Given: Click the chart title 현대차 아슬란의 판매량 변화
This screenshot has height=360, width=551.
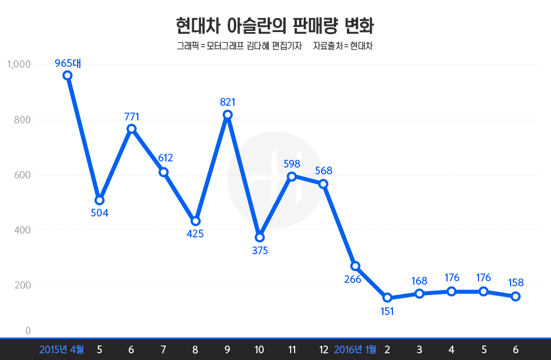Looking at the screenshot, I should coord(275,26).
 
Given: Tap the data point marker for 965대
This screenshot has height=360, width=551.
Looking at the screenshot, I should coord(67,75).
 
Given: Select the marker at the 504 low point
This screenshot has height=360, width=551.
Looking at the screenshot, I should coord(100,200).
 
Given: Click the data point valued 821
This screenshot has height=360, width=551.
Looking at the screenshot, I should coord(228,115).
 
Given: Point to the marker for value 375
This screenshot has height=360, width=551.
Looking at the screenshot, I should coord(260,237).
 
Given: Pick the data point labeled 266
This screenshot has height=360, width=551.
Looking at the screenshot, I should coord(355,265).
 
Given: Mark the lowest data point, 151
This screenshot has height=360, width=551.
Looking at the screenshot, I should coord(387,298).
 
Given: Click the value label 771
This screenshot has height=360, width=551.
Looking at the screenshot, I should coord(132,117).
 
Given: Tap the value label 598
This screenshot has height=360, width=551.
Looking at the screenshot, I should coord(292,164).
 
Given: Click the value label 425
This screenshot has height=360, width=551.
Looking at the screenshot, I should coord(195,234).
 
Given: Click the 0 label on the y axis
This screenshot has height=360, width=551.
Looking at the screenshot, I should coord(28,331).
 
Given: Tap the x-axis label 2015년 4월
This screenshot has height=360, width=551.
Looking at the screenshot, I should coord(61,350).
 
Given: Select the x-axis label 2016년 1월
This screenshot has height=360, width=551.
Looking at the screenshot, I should coord(355,350).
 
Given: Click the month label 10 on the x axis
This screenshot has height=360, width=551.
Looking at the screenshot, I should coord(260,350).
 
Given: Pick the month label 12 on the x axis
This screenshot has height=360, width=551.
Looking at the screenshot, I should coord(324,350).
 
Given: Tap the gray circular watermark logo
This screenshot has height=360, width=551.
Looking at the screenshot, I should coord(275,180).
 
